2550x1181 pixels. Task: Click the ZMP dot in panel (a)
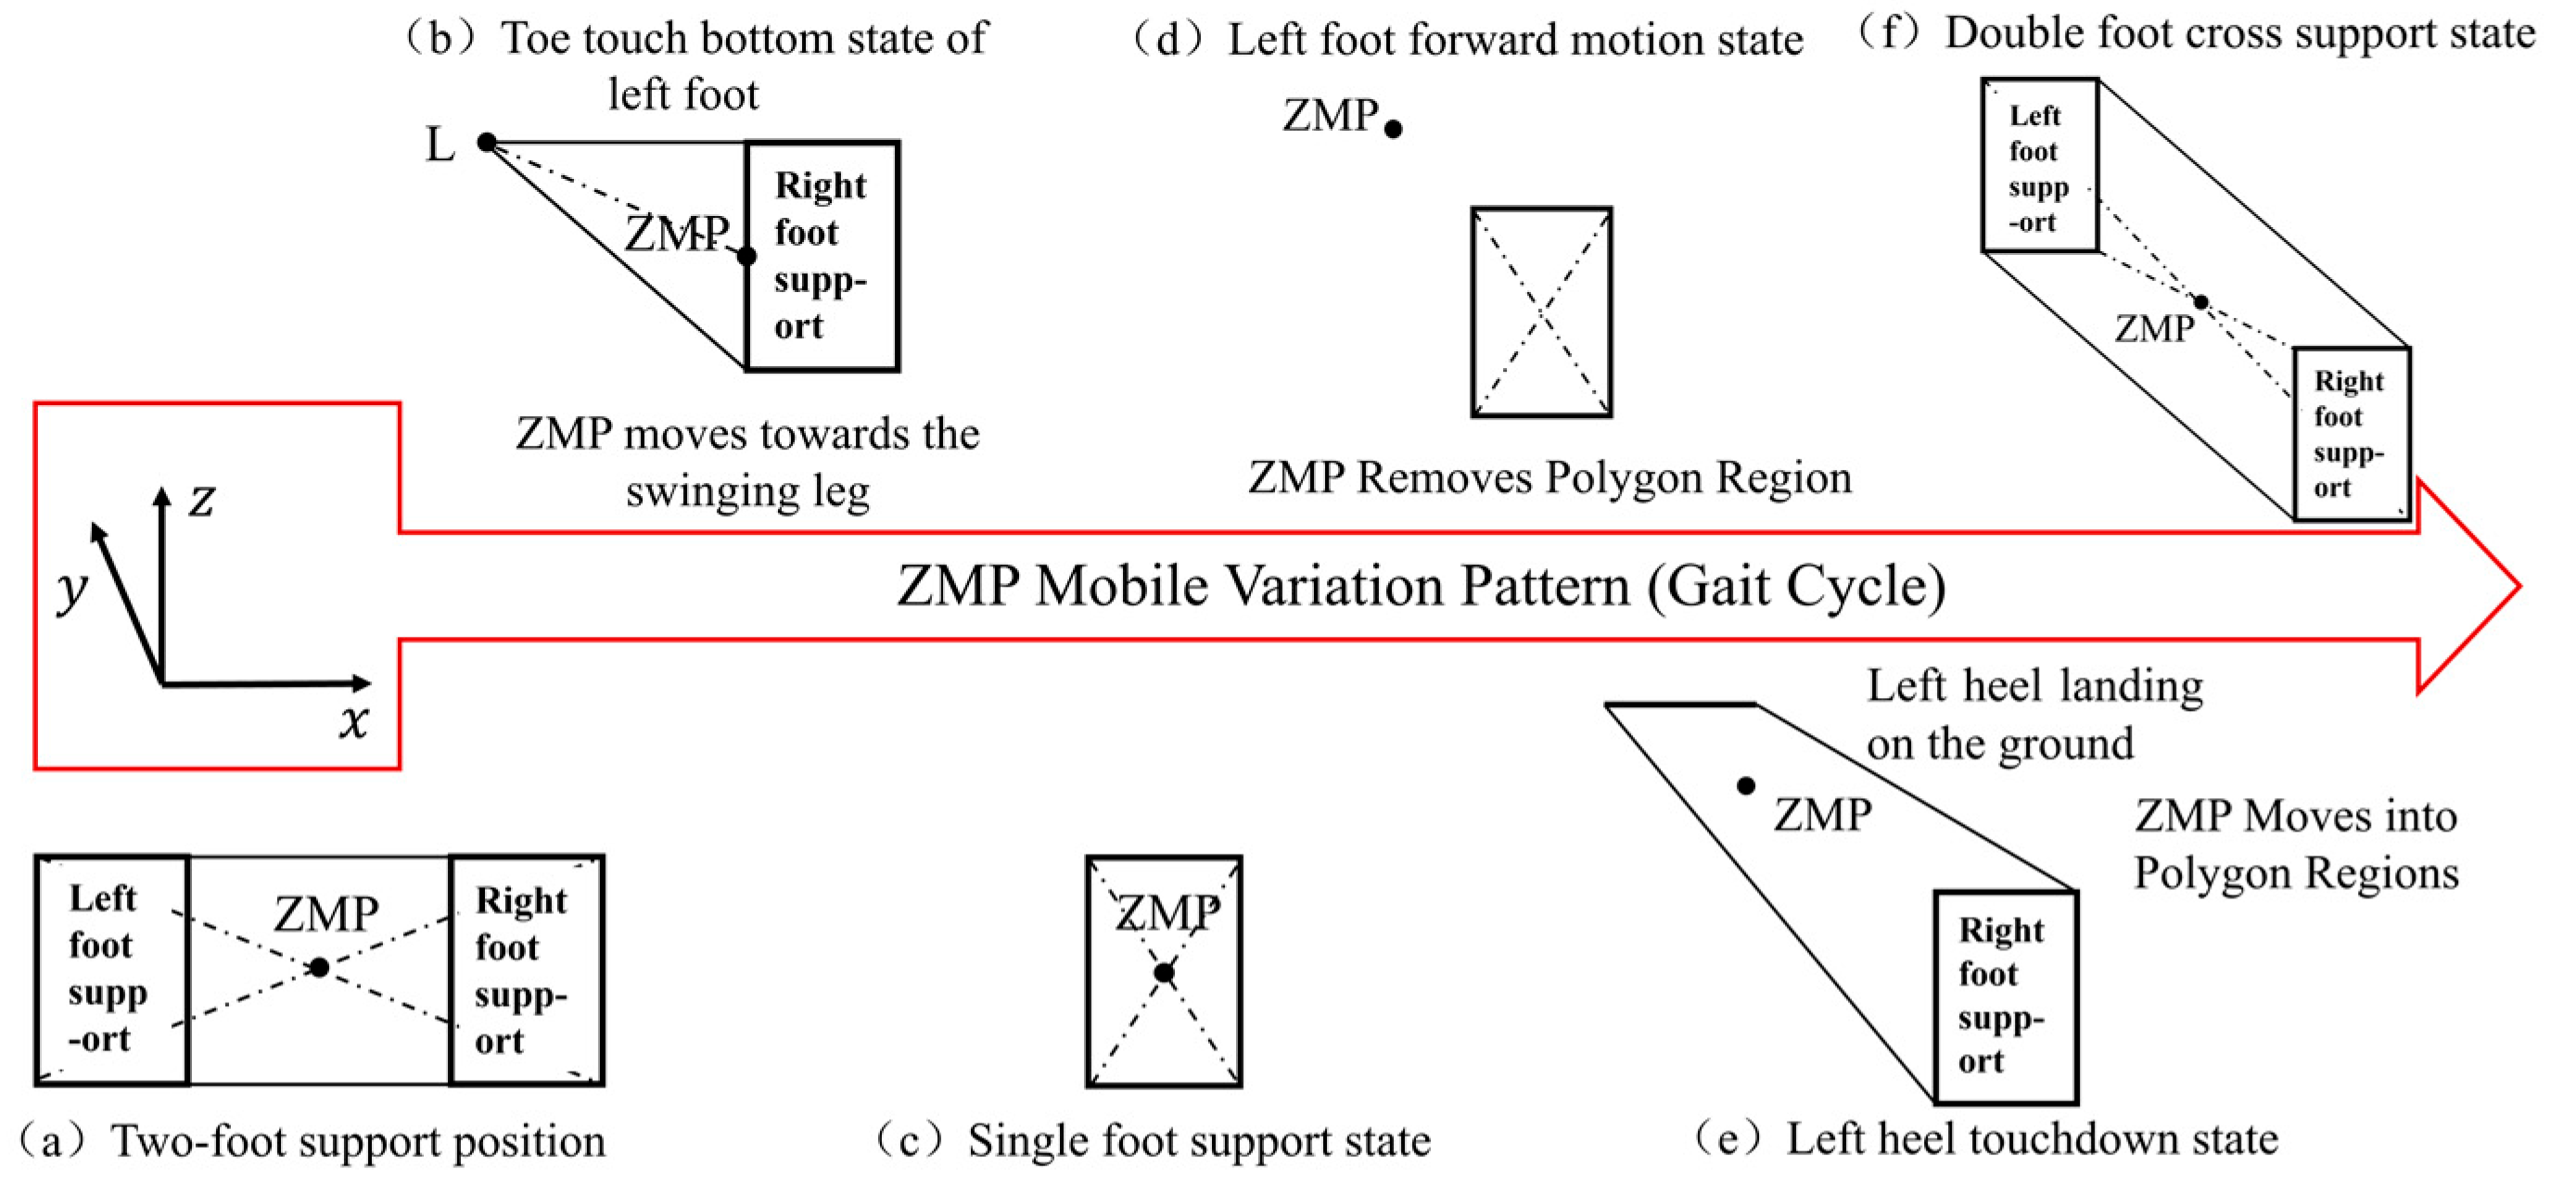tap(319, 967)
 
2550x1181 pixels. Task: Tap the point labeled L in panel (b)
tap(486, 143)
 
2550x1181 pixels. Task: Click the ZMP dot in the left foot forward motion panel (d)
tap(1393, 129)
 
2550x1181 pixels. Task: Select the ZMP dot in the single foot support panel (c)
tap(1164, 973)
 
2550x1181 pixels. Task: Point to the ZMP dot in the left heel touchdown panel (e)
tap(1746, 785)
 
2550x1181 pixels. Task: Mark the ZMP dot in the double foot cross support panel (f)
tap(2201, 302)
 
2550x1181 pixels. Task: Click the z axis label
tap(202, 500)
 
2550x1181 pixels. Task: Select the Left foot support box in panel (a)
tap(111, 971)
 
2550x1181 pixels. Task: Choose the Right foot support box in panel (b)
tap(822, 256)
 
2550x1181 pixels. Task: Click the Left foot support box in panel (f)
tap(2039, 165)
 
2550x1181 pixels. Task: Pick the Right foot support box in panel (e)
tap(2006, 996)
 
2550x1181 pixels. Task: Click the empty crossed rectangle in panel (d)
tap(1541, 311)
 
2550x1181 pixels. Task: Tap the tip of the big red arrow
tap(2517, 586)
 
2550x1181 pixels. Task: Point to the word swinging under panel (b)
tap(697, 492)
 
